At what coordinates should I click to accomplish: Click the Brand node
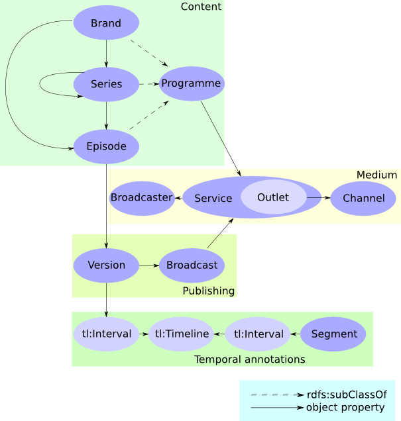tap(106, 23)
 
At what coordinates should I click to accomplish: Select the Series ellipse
tap(106, 84)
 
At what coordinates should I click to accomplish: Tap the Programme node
tap(192, 83)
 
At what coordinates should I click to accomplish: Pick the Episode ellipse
tap(106, 146)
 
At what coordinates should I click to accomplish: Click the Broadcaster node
tap(142, 198)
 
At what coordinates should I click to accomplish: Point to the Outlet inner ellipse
tap(273, 198)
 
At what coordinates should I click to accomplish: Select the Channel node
tap(363, 199)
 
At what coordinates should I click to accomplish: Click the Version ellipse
tap(106, 265)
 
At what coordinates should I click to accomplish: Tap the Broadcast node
tap(192, 265)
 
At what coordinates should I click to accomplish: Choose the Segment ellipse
tap(334, 334)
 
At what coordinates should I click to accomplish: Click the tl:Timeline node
tap(182, 334)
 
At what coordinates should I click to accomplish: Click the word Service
tap(213, 199)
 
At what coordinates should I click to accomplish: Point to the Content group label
tap(201, 7)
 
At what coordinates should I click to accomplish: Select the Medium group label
tap(376, 175)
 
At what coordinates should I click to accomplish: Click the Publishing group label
tap(208, 291)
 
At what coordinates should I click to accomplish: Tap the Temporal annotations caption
tap(249, 359)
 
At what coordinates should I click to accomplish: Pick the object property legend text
tap(345, 408)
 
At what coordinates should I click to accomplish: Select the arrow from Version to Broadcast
tap(148, 265)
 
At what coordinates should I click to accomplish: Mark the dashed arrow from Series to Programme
tap(149, 84)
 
